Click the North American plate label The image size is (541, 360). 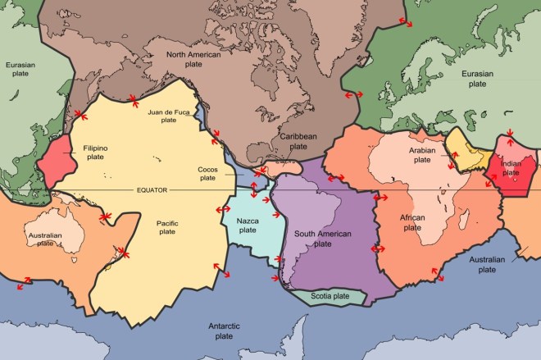[196, 60]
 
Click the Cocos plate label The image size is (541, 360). [207, 172]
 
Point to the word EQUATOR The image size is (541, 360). [152, 190]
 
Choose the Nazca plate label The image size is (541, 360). [248, 226]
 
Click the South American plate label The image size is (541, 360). [322, 239]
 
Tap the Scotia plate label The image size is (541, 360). [330, 295]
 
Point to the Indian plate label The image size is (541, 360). [510, 168]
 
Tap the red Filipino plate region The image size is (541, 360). [57, 160]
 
